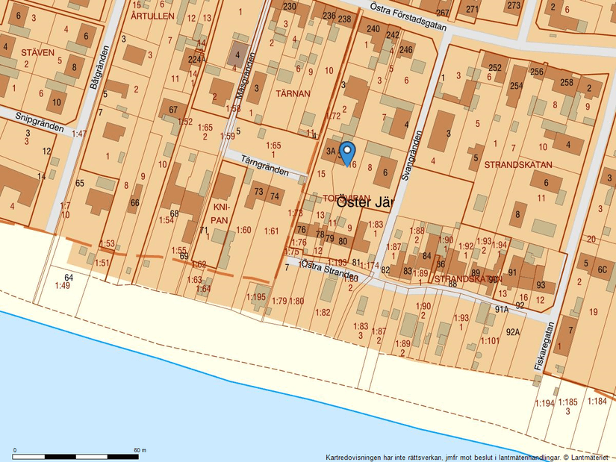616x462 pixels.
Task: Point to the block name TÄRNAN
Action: (293, 94)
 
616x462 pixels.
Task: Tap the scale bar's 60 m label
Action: (140, 450)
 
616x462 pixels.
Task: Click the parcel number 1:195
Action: (256, 297)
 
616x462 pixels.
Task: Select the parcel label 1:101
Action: (490, 341)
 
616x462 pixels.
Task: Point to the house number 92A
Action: (512, 333)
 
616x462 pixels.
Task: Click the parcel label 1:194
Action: (544, 403)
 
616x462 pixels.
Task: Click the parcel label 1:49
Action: (63, 285)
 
